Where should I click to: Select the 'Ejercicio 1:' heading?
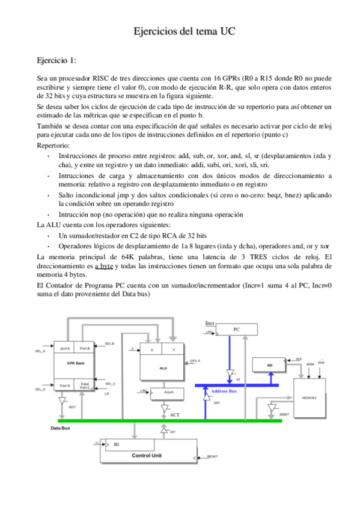(56, 61)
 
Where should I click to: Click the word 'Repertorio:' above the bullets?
(53, 146)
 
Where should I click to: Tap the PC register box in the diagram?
(236, 330)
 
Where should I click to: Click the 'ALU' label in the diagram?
(163, 367)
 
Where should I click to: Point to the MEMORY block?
(309, 398)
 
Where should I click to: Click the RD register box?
(270, 365)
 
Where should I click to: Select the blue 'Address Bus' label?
(224, 391)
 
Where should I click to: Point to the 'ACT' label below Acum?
(174, 415)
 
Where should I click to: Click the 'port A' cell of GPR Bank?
(64, 348)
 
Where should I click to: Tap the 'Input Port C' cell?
(85, 386)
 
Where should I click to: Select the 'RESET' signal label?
(212, 456)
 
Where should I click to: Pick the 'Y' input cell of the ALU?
(174, 349)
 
